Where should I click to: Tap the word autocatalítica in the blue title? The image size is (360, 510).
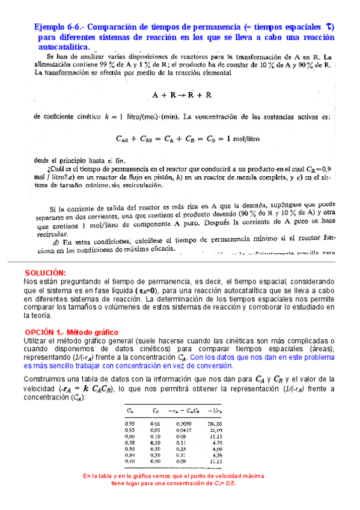tap(63, 47)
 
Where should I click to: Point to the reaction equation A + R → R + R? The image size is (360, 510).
tap(182, 95)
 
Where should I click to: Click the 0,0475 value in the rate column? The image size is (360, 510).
tap(184, 430)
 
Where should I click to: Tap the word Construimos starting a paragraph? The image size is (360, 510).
tap(46, 379)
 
